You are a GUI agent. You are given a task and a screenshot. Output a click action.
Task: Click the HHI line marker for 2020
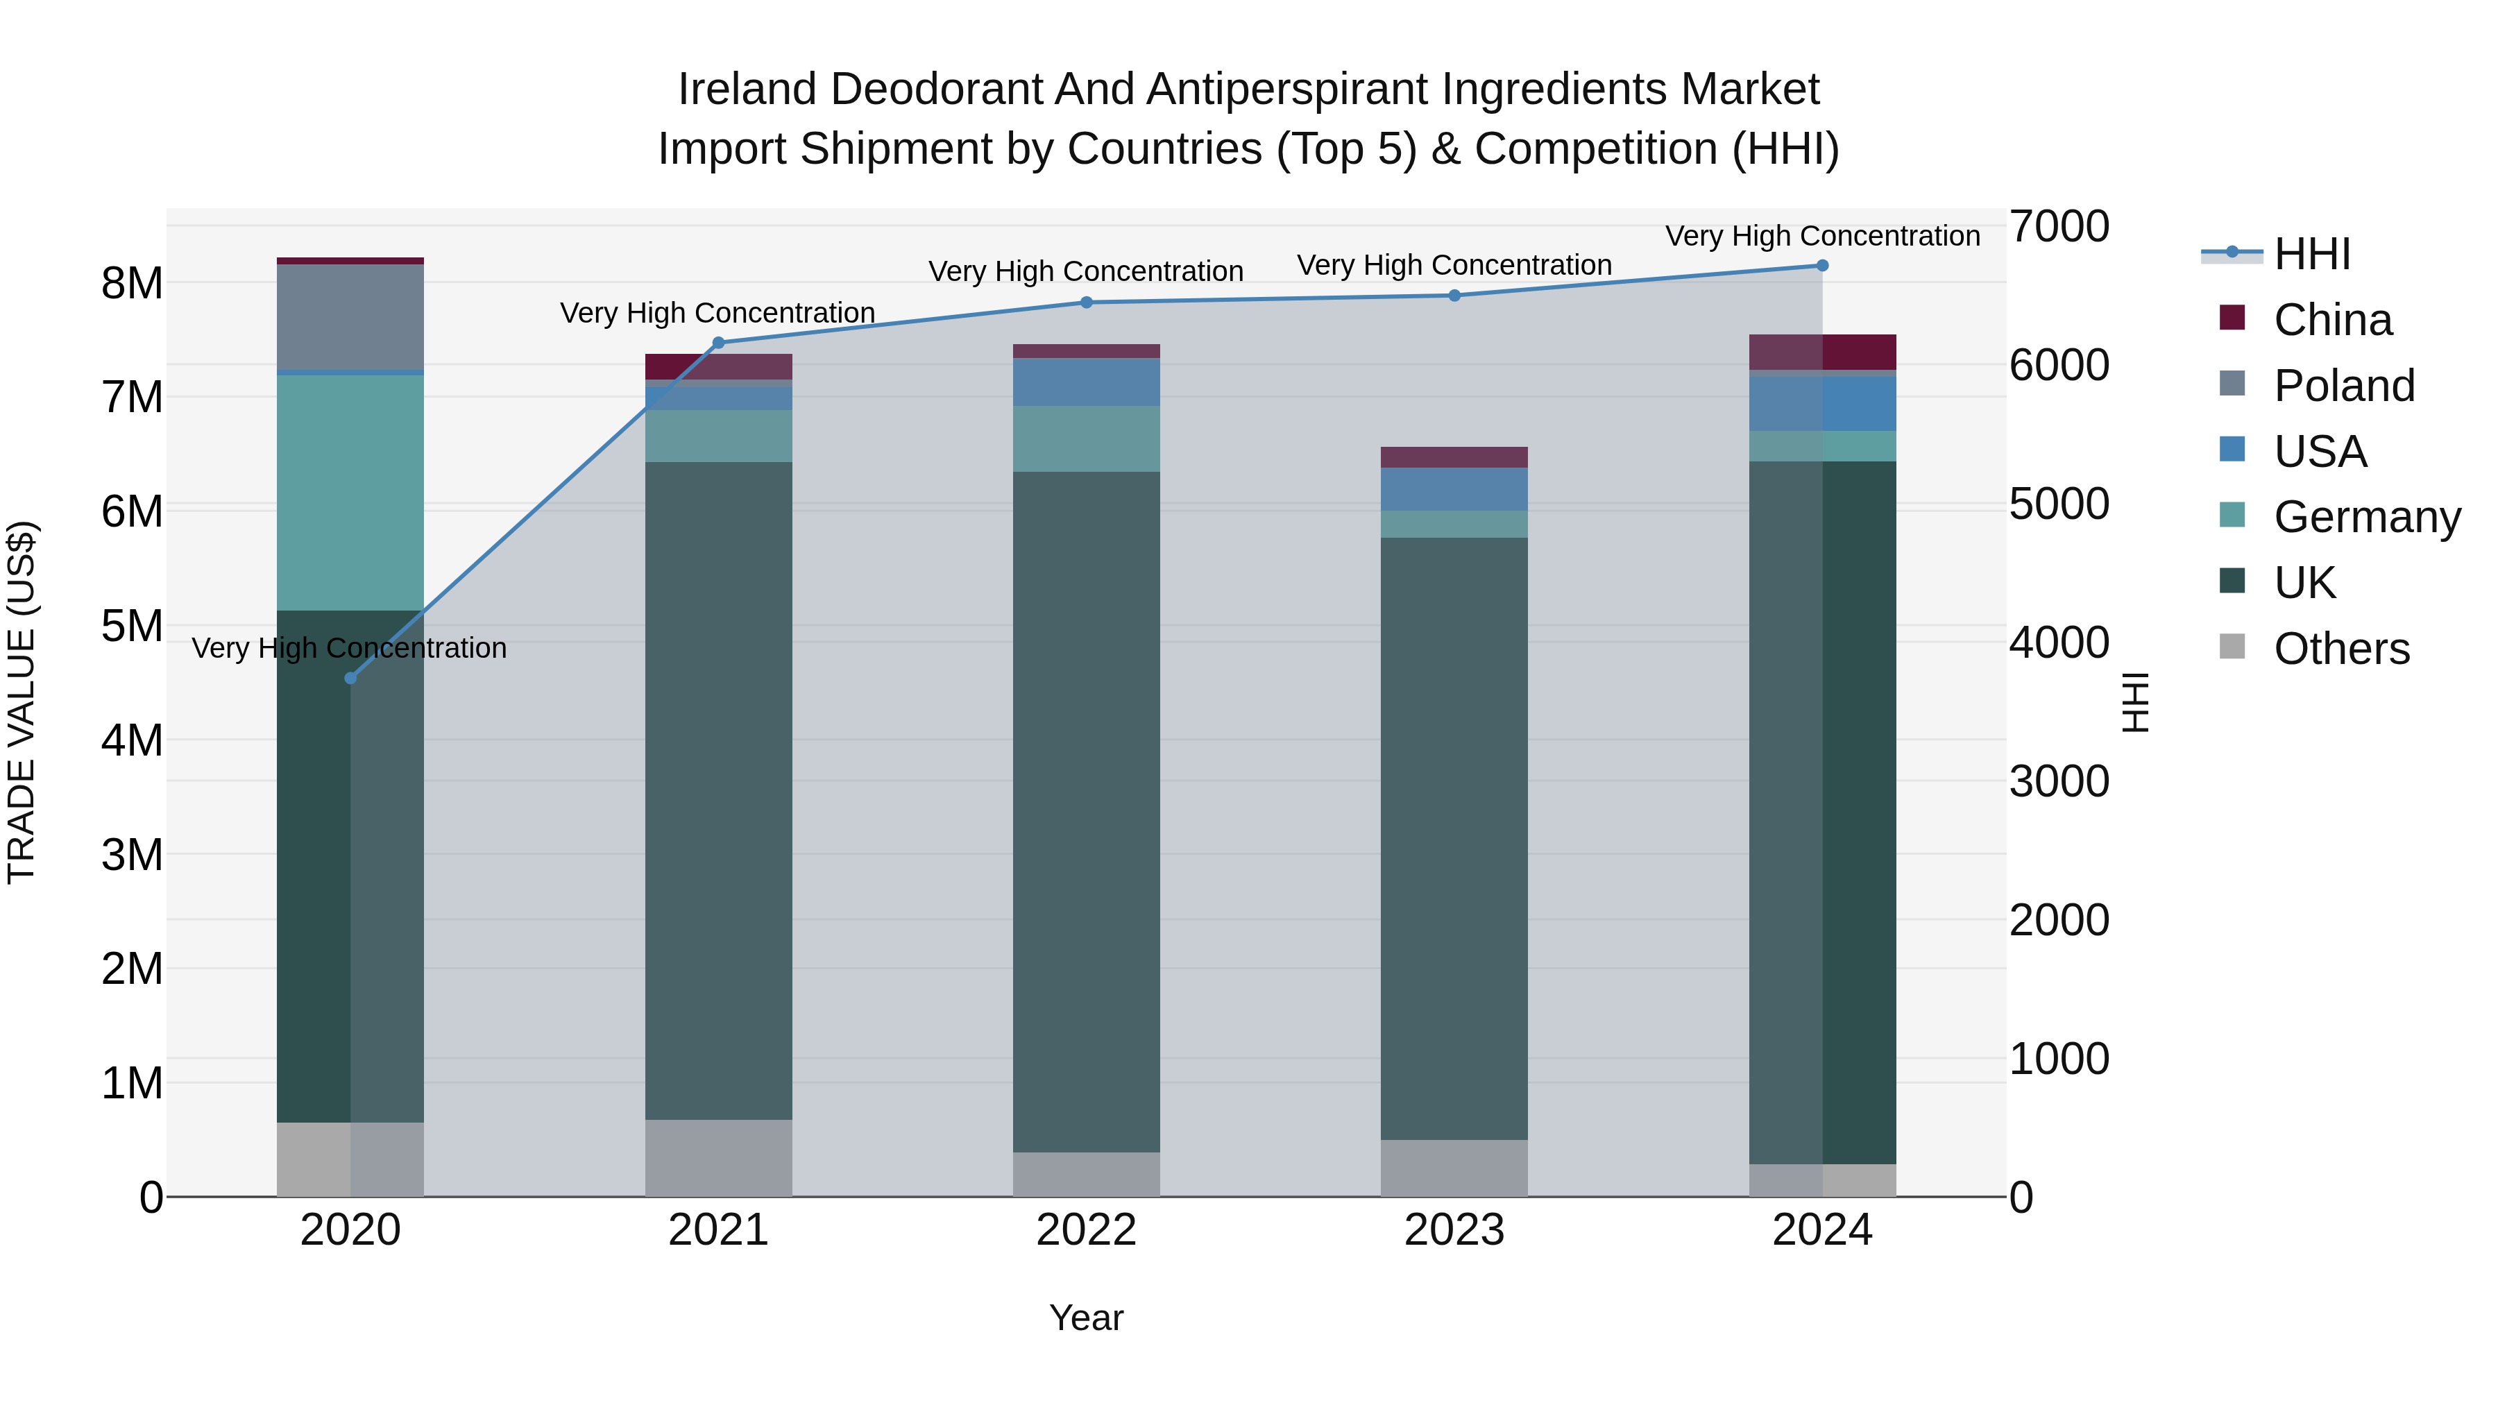pyautogui.click(x=350, y=678)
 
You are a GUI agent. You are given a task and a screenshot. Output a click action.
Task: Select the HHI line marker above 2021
pyautogui.click(x=719, y=342)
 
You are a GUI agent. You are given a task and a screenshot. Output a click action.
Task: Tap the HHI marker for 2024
pyautogui.click(x=1822, y=266)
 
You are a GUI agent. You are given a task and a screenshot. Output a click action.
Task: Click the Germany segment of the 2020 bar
pyautogui.click(x=350, y=493)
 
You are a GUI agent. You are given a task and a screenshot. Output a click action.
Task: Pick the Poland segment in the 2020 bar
pyautogui.click(x=350, y=317)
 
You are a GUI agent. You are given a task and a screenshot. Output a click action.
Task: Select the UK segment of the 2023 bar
pyautogui.click(x=1454, y=839)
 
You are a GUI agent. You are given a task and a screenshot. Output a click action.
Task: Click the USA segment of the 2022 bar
pyautogui.click(x=1086, y=382)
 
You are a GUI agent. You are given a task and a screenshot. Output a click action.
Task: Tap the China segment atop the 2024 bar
pyautogui.click(x=1822, y=352)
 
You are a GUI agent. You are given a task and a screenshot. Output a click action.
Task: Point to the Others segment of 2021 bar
pyautogui.click(x=719, y=1158)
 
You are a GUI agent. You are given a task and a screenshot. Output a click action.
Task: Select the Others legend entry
pyautogui.click(x=2341, y=649)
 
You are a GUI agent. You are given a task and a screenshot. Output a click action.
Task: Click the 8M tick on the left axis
pyautogui.click(x=132, y=283)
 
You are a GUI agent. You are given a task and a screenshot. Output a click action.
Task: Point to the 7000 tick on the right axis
pyautogui.click(x=2058, y=226)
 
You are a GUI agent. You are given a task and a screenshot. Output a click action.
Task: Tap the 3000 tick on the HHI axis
pyautogui.click(x=2058, y=781)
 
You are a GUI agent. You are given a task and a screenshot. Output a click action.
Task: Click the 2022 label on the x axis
pyautogui.click(x=1086, y=1229)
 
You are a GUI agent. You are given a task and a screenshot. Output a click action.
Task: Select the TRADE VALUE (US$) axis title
pyautogui.click(x=22, y=702)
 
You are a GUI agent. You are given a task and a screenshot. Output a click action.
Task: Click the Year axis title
pyautogui.click(x=1086, y=1318)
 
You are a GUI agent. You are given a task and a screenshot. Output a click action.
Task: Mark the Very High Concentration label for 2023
pyautogui.click(x=1454, y=265)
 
